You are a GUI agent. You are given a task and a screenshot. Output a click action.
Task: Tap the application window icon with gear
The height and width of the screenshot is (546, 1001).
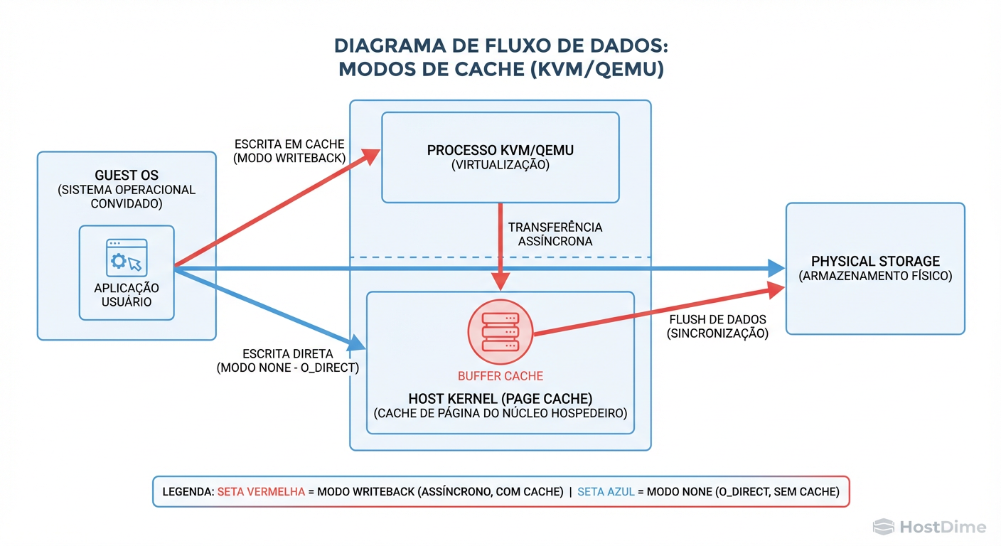(x=127, y=257)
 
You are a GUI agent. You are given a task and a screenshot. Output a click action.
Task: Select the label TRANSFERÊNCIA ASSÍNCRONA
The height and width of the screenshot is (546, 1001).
(x=555, y=234)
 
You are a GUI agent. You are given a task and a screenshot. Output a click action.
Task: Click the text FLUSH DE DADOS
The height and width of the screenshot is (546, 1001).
(x=717, y=320)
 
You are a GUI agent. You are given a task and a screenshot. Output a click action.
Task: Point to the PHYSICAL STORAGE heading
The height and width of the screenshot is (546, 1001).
(x=875, y=261)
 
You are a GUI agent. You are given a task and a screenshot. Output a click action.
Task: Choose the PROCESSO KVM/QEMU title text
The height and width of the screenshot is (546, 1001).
(x=500, y=151)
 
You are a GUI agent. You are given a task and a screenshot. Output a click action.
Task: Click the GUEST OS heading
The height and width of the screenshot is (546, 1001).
(x=127, y=176)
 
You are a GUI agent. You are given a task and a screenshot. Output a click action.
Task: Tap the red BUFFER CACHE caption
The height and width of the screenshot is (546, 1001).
(x=500, y=376)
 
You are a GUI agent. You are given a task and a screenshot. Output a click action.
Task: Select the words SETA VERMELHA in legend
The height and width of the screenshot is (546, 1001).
(x=261, y=491)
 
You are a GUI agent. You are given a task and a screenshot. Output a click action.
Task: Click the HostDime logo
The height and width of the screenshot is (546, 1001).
(x=930, y=527)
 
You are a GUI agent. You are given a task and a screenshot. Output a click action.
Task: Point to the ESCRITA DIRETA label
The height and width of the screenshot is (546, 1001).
(x=287, y=353)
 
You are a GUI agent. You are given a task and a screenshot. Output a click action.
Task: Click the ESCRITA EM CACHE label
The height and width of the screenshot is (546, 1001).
(x=289, y=144)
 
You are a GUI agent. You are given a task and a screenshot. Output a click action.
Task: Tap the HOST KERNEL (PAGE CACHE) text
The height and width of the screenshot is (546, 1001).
(x=500, y=399)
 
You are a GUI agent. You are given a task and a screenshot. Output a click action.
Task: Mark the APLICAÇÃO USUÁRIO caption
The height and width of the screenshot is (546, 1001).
(x=127, y=294)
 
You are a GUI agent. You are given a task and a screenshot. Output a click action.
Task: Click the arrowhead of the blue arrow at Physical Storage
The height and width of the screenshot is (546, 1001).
(x=776, y=268)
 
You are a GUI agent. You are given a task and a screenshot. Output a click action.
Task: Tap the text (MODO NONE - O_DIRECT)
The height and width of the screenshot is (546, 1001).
(x=287, y=368)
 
